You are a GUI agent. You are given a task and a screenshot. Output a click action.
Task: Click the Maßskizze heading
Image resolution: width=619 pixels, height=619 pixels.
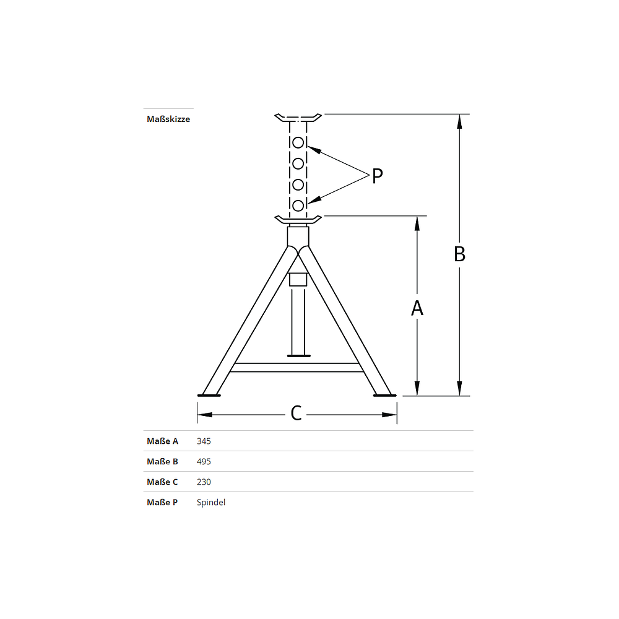pos(168,119)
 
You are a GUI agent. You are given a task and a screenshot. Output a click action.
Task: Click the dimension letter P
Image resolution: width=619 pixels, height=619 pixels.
pos(377,176)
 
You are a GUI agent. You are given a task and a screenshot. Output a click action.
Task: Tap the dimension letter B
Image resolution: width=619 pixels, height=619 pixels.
pos(459,254)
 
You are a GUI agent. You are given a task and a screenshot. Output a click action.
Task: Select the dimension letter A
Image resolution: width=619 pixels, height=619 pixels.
pos(417,307)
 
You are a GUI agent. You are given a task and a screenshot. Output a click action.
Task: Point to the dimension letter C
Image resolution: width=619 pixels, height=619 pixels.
pos(297,413)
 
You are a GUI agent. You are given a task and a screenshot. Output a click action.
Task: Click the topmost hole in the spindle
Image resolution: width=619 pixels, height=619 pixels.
pos(298,143)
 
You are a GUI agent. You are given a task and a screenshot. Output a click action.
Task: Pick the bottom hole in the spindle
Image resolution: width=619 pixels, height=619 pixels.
pos(298,205)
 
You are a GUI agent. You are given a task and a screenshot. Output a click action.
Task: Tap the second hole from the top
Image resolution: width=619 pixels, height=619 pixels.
pos(298,163)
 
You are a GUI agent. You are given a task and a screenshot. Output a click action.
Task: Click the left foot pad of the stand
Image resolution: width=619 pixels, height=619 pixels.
pos(209,395)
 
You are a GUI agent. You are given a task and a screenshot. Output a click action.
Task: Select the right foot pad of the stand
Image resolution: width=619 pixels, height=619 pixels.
pos(385,395)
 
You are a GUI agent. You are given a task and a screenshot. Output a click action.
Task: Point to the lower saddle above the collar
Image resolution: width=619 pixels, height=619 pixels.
pos(298,220)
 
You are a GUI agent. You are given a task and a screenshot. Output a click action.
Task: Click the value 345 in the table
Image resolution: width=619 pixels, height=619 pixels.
pos(204,441)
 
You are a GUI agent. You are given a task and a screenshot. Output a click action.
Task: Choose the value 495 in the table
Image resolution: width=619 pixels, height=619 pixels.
pos(204,462)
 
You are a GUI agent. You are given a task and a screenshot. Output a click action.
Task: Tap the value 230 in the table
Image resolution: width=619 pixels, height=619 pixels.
pos(204,482)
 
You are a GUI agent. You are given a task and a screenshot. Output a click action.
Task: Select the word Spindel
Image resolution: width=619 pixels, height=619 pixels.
pos(211,503)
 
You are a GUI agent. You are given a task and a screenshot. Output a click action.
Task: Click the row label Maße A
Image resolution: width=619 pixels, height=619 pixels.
pos(162,441)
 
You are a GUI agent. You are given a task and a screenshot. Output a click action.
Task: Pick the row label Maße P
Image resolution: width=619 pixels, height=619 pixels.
pos(162,503)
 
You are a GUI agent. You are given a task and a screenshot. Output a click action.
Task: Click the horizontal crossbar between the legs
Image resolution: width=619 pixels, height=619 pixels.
pos(297,367)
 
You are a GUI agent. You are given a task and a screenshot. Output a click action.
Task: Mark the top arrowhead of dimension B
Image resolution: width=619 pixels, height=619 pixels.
pos(459,121)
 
